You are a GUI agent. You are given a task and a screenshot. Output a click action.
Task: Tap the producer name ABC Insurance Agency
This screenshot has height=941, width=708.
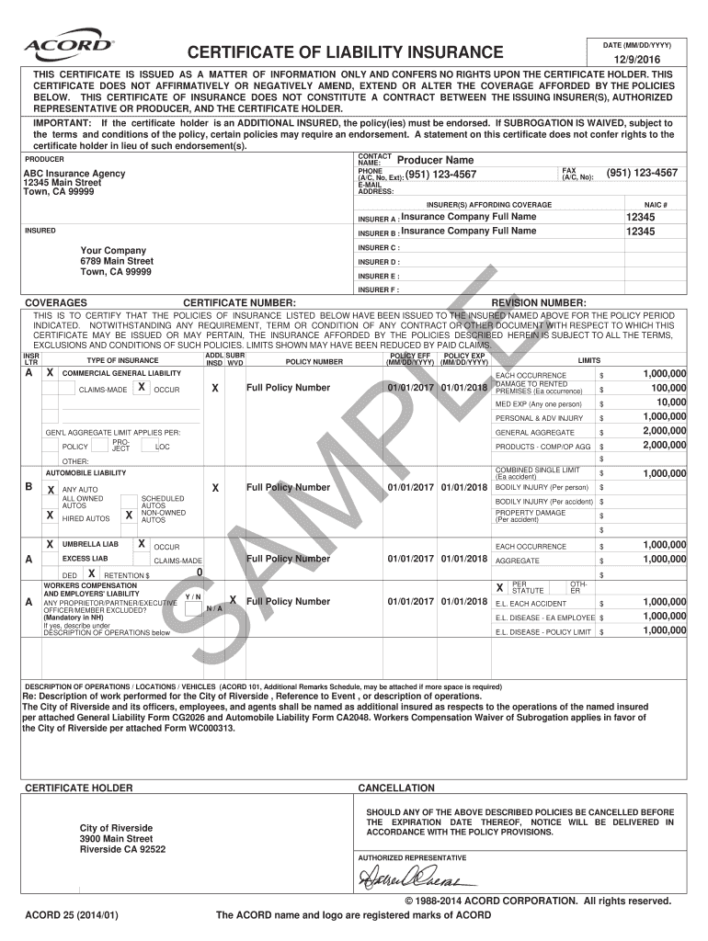74,173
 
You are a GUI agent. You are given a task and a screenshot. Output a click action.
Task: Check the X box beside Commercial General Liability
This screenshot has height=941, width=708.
51,373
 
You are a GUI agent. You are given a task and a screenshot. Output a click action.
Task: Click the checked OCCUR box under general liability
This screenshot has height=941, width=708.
140,388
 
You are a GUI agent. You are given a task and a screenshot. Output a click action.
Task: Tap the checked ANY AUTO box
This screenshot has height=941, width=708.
51,488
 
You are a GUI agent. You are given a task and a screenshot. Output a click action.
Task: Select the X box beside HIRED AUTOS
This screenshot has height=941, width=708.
51,516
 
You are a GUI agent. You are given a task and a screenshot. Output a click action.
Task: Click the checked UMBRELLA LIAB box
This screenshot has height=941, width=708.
51,544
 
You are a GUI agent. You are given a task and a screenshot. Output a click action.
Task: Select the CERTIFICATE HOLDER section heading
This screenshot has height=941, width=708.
79,788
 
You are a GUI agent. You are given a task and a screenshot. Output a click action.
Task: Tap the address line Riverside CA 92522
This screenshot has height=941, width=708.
122,849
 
